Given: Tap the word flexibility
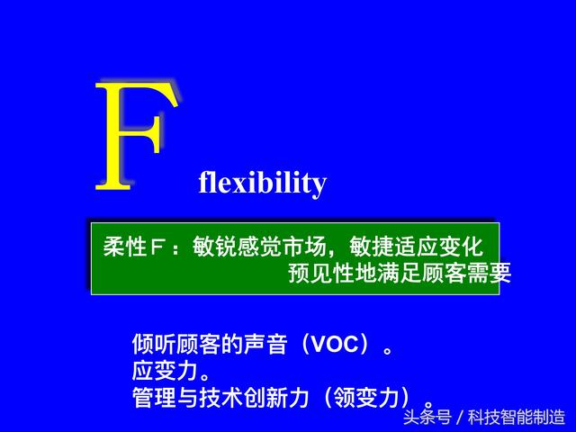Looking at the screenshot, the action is [262, 183].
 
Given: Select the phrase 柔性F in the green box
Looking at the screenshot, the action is [133, 247].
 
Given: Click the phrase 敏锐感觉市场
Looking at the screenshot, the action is [259, 247].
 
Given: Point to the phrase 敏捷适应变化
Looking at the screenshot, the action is [416, 247].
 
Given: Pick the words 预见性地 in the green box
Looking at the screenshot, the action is [333, 273].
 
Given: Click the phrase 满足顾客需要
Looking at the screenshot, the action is [444, 273].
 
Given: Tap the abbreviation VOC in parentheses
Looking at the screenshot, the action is [334, 344].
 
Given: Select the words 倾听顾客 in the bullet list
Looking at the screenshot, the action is [176, 344].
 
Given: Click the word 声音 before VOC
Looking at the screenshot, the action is [265, 344].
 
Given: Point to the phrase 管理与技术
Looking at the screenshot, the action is [187, 397].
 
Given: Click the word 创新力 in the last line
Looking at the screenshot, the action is [276, 397].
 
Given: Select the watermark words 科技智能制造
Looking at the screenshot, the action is [517, 418].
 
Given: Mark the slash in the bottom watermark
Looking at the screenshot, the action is [460, 418].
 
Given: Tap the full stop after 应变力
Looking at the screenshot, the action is [205, 376].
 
